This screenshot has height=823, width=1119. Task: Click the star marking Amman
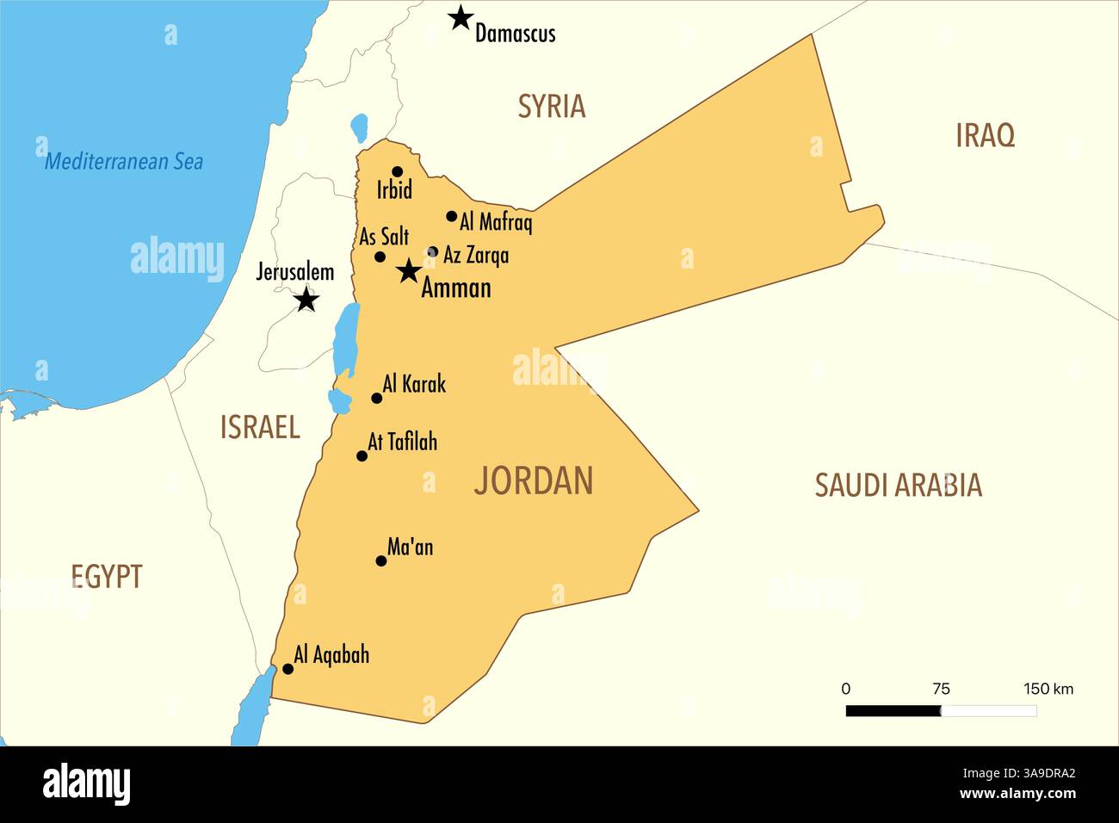408,272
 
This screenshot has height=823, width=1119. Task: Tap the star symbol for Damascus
461,17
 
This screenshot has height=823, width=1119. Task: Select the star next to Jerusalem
306,300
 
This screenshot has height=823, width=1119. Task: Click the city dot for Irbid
397,171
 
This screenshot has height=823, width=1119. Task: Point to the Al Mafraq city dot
451,216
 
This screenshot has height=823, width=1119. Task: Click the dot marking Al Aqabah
287,669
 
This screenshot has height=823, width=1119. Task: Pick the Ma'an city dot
381,561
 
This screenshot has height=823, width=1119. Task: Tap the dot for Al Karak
376,398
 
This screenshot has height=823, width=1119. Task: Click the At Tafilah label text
402,442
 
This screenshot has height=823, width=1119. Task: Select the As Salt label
384,237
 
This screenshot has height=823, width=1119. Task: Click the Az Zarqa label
475,255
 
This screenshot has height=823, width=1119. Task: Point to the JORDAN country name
534,480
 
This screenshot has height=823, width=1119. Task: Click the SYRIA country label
551,106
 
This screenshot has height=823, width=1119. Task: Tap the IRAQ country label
985,135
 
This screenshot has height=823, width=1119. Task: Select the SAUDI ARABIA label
898,486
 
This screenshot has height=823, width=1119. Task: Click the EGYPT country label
107,576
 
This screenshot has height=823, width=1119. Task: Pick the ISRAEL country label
260,427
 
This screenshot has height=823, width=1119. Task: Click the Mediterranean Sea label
124,161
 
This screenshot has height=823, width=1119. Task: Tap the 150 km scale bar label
1048,689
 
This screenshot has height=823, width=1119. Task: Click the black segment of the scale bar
893,711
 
